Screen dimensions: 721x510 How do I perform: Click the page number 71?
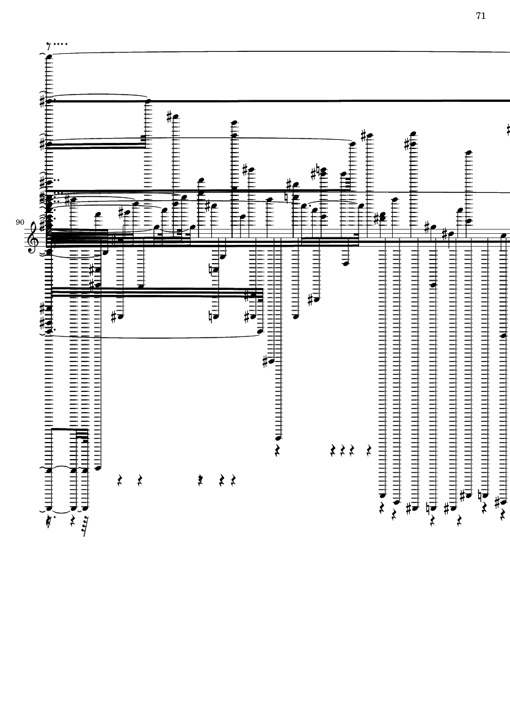click(481, 16)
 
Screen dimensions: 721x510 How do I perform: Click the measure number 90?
click(20, 223)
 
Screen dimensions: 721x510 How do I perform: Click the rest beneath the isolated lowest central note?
click(279, 451)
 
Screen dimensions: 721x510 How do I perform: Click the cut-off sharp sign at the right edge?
click(508, 129)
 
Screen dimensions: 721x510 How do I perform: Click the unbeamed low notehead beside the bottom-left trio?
click(98, 468)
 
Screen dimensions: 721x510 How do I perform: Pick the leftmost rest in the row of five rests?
click(120, 481)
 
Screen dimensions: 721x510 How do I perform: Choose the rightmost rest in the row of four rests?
click(369, 451)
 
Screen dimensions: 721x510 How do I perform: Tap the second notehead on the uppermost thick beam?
click(148, 101)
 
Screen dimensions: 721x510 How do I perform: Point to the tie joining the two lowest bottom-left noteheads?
click(61, 511)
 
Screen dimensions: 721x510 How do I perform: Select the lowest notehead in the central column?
click(279, 438)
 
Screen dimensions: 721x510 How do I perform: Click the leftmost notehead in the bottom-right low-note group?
click(383, 495)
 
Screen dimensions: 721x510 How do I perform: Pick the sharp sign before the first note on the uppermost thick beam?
click(42, 101)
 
